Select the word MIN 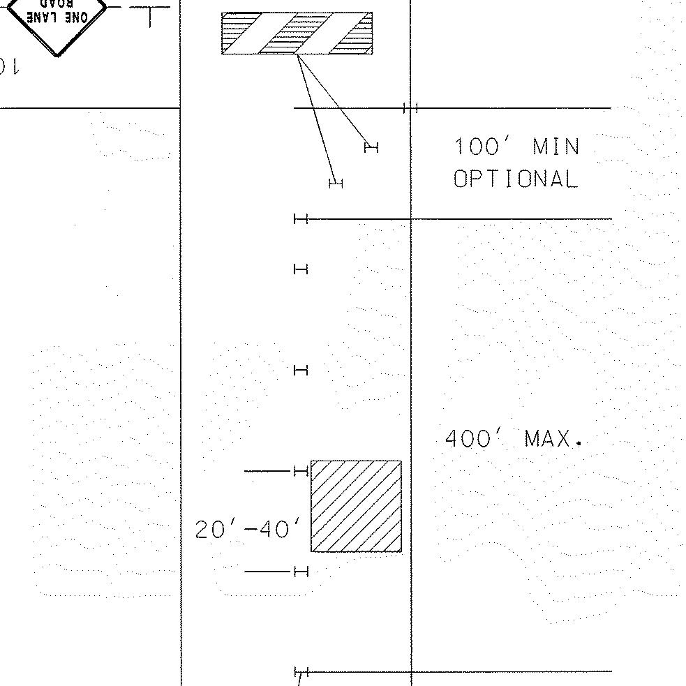click(x=556, y=147)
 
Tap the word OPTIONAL click(x=516, y=179)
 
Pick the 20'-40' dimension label click(x=249, y=530)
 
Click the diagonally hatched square click(x=356, y=506)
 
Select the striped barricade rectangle click(x=297, y=33)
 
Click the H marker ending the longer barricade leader click(x=336, y=184)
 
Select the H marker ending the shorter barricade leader click(x=371, y=147)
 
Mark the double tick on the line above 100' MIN click(x=410, y=108)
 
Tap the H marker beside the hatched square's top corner click(x=301, y=472)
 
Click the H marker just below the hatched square click(x=301, y=572)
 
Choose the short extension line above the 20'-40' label click(x=266, y=472)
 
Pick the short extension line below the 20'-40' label click(x=266, y=572)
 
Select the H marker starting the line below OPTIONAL click(x=301, y=219)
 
